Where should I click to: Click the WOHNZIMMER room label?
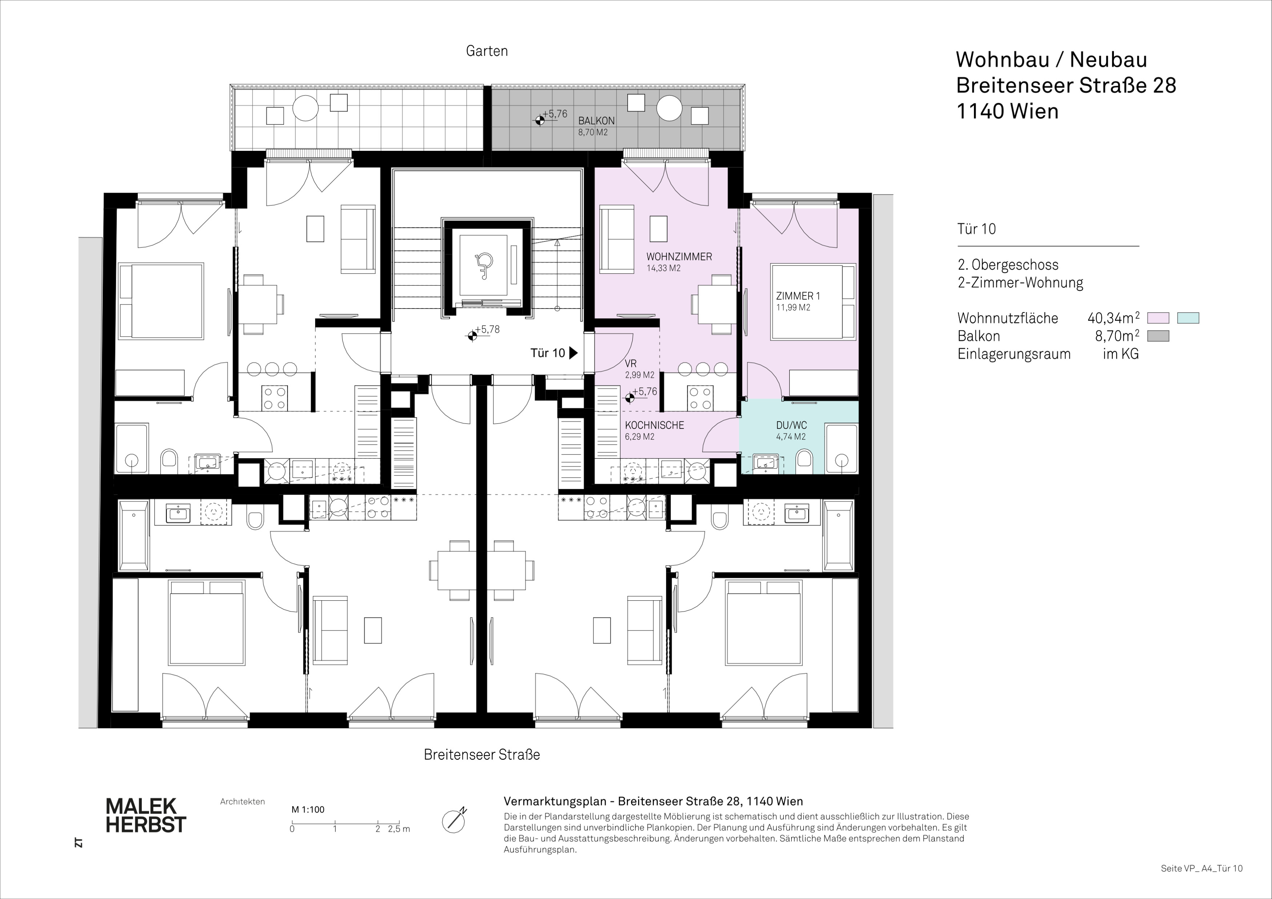pyautogui.click(x=679, y=257)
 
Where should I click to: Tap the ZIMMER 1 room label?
pyautogui.click(x=798, y=296)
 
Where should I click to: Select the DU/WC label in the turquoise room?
pyautogui.click(x=791, y=426)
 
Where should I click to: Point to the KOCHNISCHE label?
pyautogui.click(x=654, y=426)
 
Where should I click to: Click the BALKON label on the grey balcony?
pyautogui.click(x=596, y=121)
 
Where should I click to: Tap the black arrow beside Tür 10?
pyautogui.click(x=573, y=353)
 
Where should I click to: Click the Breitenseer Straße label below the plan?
pyautogui.click(x=482, y=754)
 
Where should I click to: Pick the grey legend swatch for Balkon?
pyautogui.click(x=1158, y=336)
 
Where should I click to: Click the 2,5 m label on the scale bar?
pyautogui.click(x=399, y=829)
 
